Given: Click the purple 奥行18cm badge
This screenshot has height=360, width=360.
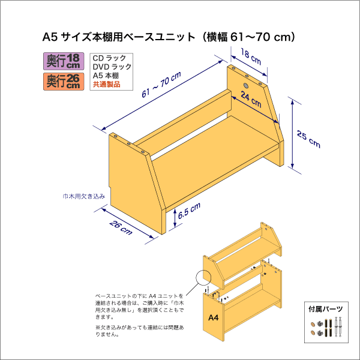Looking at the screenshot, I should click(x=63, y=61).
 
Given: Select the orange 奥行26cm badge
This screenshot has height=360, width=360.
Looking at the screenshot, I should click(x=63, y=81).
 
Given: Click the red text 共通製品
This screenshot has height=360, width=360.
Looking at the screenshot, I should click(x=106, y=85).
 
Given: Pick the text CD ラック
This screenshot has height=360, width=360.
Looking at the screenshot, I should click(x=109, y=58).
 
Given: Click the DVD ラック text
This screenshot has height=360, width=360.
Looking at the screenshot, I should click(x=112, y=67).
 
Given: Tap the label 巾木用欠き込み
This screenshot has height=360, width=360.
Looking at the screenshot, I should click(x=84, y=196).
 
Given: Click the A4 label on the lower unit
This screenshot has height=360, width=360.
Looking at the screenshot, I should click(x=213, y=317).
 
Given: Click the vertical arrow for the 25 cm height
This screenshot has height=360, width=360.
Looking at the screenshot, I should click(x=292, y=135).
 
